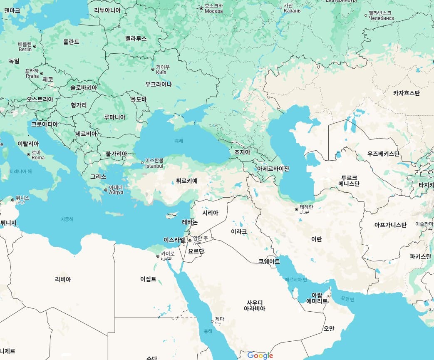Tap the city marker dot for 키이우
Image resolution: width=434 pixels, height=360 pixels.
point(153,69)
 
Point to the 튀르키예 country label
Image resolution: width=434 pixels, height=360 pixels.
point(187,181)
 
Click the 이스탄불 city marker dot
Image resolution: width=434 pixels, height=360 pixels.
point(142,163)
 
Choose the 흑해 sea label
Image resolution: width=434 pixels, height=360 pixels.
point(179,141)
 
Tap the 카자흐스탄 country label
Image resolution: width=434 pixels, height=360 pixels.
point(406,93)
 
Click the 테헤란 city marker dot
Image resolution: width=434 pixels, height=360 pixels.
point(296,209)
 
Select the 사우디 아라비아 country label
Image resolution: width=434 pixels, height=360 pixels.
point(254,305)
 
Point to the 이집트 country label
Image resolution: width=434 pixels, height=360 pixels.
point(148,279)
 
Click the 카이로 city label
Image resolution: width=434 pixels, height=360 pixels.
point(167,254)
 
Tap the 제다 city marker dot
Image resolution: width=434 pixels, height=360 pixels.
point(212,321)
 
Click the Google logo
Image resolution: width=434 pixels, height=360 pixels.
point(260,355)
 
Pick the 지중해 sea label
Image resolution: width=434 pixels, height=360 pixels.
point(67,219)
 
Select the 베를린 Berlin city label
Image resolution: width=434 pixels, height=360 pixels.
point(25,46)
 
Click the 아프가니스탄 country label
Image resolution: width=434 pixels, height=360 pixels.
point(390,225)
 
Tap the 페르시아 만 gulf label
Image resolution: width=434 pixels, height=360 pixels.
point(296,279)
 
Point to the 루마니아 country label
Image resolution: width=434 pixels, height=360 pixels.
point(114,117)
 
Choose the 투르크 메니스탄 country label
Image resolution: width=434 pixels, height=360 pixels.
point(349,181)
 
